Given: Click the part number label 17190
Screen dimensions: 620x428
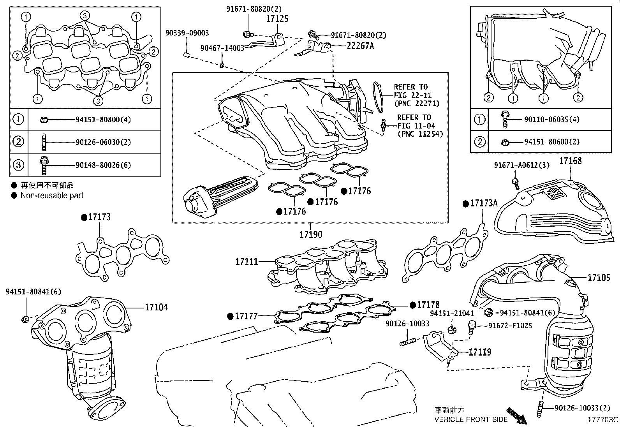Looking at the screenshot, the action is [x=311, y=235].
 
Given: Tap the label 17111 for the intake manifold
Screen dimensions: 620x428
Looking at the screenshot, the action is [x=247, y=262].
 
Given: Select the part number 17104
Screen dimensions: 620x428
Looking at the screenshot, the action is [x=157, y=307].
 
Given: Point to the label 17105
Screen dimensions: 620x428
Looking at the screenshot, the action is [x=599, y=277].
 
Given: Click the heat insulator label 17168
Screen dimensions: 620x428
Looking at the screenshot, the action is [x=571, y=161].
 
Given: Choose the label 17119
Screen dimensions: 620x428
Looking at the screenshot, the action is [x=480, y=352].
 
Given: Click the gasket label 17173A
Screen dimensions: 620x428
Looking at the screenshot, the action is [x=484, y=203].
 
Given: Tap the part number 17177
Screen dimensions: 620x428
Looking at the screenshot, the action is [x=247, y=316].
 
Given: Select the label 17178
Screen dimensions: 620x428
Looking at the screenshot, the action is [x=428, y=305].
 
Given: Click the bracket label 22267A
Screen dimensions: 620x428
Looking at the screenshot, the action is [x=360, y=46].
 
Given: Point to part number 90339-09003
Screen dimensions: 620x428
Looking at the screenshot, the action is [x=187, y=33].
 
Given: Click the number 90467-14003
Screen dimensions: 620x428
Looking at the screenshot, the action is [x=222, y=48].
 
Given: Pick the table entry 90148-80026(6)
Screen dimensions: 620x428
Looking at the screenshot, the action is [x=103, y=165].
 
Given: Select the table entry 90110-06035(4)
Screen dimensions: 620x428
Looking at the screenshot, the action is [x=551, y=119].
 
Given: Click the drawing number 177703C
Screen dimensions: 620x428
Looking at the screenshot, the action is [x=603, y=420].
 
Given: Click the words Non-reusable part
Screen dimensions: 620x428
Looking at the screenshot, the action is [x=52, y=196].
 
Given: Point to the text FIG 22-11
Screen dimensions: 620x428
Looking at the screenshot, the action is [x=413, y=95].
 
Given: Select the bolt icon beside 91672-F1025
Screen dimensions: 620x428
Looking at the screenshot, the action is [x=472, y=327].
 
